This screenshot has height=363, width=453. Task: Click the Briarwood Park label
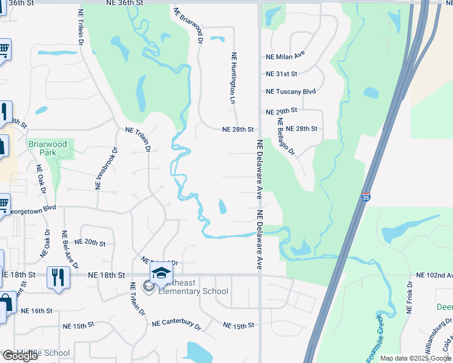click(42, 148)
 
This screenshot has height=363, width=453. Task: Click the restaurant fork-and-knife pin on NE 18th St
click(58, 278)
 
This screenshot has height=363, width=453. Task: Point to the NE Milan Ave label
click(285, 56)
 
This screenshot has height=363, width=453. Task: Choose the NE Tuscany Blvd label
click(291, 91)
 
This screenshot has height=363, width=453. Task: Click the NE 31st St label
click(282, 74)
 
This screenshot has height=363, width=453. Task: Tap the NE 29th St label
click(282, 111)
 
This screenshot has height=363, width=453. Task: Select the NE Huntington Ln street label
click(233, 78)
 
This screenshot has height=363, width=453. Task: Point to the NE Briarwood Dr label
click(187, 27)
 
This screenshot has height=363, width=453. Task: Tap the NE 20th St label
click(90, 242)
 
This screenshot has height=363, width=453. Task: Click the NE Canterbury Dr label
click(176, 325)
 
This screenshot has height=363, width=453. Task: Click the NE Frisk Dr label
click(410, 297)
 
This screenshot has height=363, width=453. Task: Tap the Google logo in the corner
click(20, 356)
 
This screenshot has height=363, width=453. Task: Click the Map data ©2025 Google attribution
click(415, 358)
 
